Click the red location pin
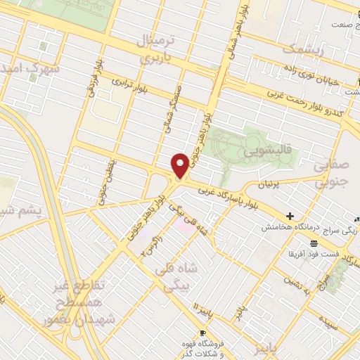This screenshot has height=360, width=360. tap(181, 165)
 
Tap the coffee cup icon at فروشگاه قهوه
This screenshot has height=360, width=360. tap(203, 333)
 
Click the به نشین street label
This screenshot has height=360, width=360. tap(291, 276)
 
